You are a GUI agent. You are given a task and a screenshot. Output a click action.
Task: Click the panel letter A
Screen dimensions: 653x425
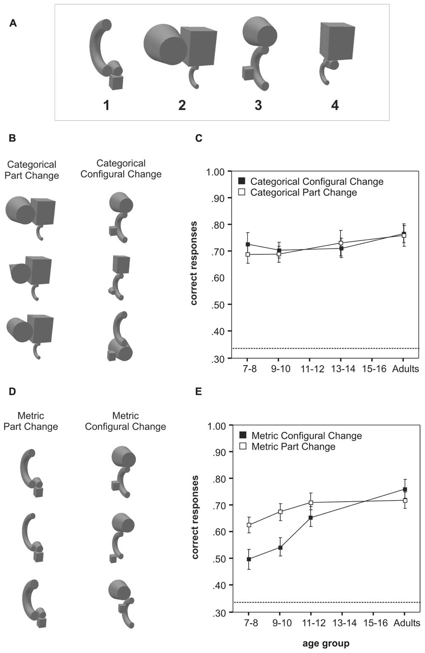(13, 23)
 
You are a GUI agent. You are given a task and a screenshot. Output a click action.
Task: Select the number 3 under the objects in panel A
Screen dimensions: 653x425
(258, 105)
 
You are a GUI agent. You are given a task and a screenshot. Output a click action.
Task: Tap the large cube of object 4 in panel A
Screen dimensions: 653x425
(337, 41)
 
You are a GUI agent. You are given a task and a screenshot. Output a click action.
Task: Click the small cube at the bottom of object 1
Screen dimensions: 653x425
(116, 82)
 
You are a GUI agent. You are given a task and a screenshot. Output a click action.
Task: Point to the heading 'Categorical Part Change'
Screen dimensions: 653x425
(32, 170)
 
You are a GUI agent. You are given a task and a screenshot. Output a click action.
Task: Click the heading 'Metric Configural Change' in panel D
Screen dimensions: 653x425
(125, 421)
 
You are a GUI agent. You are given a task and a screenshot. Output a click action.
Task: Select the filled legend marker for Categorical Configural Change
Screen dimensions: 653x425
(242, 181)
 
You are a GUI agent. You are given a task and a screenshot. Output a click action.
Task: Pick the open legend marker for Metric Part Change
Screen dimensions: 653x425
(244, 446)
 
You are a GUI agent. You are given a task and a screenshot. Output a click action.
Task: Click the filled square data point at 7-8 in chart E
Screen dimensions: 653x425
(249, 559)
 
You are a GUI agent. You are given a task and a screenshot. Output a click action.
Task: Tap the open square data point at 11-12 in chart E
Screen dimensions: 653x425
(311, 503)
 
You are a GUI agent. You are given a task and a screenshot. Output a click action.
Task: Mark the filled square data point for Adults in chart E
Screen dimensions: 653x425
(405, 489)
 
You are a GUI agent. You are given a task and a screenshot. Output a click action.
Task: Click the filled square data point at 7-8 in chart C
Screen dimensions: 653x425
(248, 244)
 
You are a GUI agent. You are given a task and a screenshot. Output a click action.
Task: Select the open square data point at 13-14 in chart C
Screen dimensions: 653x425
(341, 243)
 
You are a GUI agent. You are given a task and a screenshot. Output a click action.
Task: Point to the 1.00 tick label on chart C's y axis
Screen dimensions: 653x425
(215, 172)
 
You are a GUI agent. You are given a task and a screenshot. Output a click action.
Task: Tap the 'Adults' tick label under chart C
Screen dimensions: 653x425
(405, 369)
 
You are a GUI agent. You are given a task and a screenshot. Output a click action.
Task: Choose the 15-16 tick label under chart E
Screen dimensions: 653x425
(376, 623)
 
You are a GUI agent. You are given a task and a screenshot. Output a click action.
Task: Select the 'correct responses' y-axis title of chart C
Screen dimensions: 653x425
(194, 263)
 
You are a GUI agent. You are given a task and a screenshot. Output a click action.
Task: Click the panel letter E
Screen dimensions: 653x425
(198, 391)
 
